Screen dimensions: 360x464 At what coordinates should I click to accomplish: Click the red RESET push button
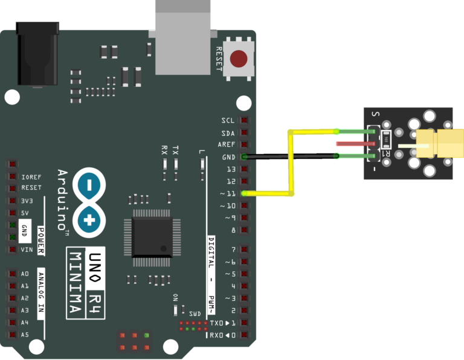[239, 59]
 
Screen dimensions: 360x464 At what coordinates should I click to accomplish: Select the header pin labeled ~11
[244, 193]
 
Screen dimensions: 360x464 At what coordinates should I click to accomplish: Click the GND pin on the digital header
[244, 157]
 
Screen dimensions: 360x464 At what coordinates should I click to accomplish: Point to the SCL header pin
[244, 121]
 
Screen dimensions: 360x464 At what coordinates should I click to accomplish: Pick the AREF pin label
[227, 145]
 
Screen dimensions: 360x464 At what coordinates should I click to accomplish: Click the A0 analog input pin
[12, 274]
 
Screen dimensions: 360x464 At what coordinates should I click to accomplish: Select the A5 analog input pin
[12, 335]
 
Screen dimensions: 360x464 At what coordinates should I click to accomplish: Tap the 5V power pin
[12, 213]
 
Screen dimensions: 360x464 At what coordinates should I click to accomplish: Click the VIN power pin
[12, 249]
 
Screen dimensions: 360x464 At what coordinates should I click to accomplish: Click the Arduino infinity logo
[89, 202]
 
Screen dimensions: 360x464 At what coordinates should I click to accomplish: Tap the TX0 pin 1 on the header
[244, 323]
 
